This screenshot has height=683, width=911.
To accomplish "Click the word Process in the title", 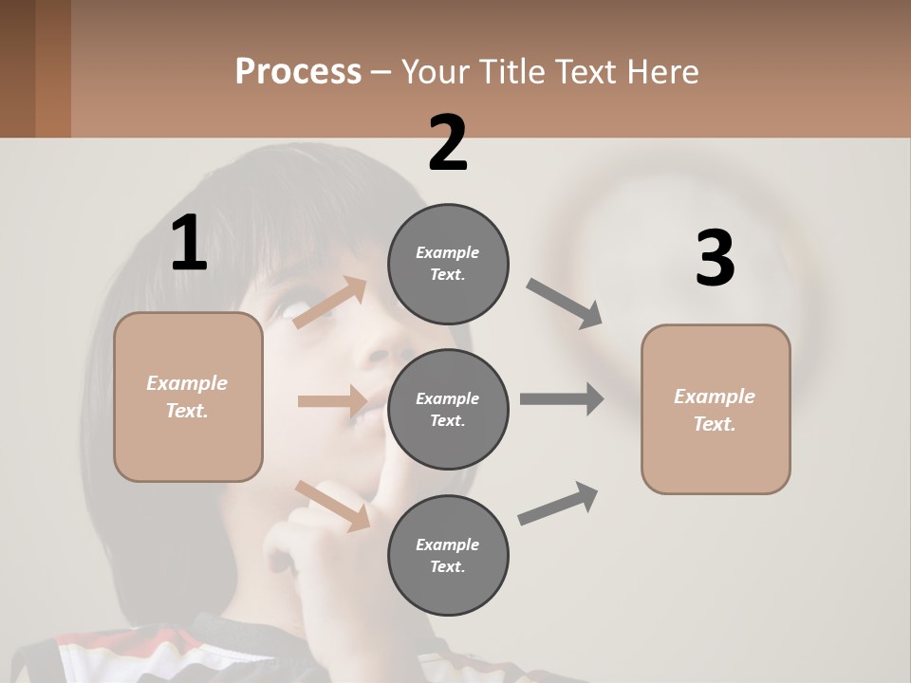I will (298, 71).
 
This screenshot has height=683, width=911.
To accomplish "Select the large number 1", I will (189, 244).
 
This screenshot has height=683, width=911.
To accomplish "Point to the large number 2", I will (448, 143).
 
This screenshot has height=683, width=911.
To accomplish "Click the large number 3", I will (715, 259).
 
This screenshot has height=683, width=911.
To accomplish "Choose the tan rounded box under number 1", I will (188, 397).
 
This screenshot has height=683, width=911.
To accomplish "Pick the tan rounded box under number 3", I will (716, 409).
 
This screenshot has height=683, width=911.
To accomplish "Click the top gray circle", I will (448, 264).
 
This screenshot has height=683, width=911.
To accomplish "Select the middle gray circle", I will (448, 409).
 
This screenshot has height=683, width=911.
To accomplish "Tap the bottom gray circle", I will (448, 555).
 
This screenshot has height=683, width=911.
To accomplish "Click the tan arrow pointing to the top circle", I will (330, 303).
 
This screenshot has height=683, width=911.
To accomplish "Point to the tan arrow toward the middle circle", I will (332, 401).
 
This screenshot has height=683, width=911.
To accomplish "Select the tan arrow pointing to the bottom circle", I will (332, 506).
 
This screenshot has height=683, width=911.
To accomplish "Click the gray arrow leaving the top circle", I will (564, 304).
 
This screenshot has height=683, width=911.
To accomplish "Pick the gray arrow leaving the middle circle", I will (562, 399).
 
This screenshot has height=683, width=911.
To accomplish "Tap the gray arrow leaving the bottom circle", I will (558, 504).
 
